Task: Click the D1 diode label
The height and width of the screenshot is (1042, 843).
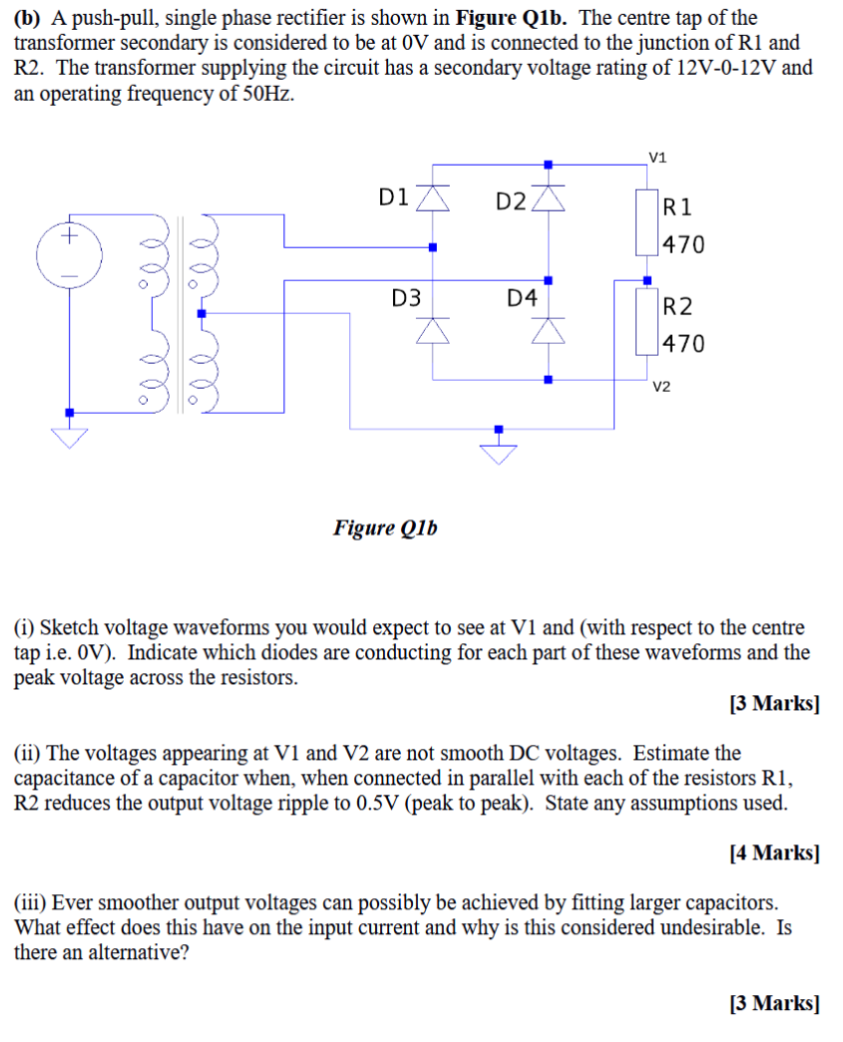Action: tap(394, 197)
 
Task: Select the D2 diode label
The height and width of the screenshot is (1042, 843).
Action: tap(511, 201)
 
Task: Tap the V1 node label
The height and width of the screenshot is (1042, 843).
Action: tap(657, 157)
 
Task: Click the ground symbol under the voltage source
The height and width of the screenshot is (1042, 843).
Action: tap(69, 437)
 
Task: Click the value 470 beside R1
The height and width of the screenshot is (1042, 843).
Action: tap(684, 244)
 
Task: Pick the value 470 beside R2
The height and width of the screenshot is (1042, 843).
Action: tap(684, 344)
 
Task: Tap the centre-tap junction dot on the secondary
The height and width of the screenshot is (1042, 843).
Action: tap(202, 313)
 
